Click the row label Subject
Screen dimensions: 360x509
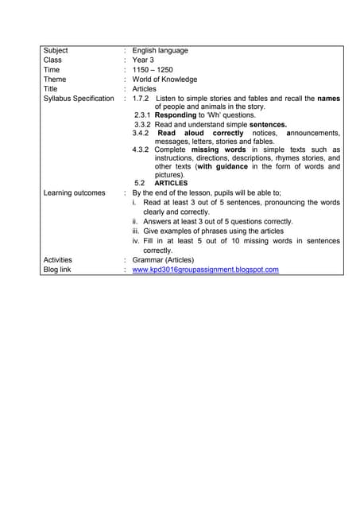click(56, 50)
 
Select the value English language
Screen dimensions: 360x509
click(160, 50)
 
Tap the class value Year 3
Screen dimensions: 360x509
click(143, 60)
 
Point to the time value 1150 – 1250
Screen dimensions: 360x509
click(153, 70)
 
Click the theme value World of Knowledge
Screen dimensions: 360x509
click(165, 80)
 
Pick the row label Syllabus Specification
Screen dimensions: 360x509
click(79, 99)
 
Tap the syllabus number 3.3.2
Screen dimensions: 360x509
click(143, 125)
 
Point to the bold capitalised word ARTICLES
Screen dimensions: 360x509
click(171, 183)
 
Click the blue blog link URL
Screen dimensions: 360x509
click(205, 270)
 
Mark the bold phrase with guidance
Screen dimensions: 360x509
click(226, 167)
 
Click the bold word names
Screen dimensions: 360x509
click(327, 99)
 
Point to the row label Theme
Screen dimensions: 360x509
click(55, 80)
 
